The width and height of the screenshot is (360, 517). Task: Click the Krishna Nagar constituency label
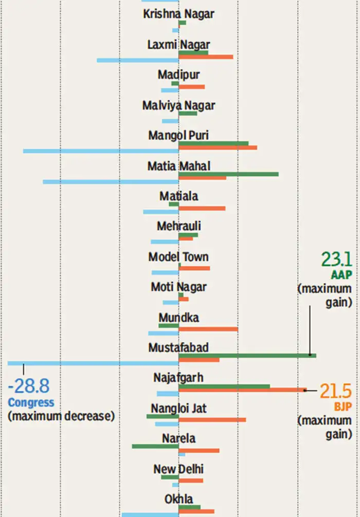click(x=178, y=14)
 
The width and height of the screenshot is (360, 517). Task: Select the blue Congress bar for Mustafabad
click(x=93, y=363)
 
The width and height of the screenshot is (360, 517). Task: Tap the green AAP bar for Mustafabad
click(x=247, y=355)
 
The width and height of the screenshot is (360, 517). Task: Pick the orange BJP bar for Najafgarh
click(x=242, y=390)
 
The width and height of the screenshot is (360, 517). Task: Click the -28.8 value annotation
click(x=29, y=386)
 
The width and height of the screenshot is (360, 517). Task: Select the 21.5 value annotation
click(x=335, y=391)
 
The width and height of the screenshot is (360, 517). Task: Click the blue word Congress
click(x=31, y=402)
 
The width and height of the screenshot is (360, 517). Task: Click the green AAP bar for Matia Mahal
click(x=228, y=174)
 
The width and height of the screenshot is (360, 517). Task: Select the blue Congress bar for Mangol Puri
click(x=101, y=151)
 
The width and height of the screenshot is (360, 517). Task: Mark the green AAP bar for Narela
click(x=155, y=446)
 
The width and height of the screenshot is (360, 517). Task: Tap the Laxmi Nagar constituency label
click(x=178, y=45)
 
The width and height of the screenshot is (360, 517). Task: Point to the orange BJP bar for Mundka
click(x=208, y=329)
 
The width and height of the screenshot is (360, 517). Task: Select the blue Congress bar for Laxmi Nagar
click(x=138, y=61)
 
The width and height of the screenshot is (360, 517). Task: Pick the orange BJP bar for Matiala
click(x=202, y=208)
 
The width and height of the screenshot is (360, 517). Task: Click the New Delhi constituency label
click(x=178, y=469)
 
